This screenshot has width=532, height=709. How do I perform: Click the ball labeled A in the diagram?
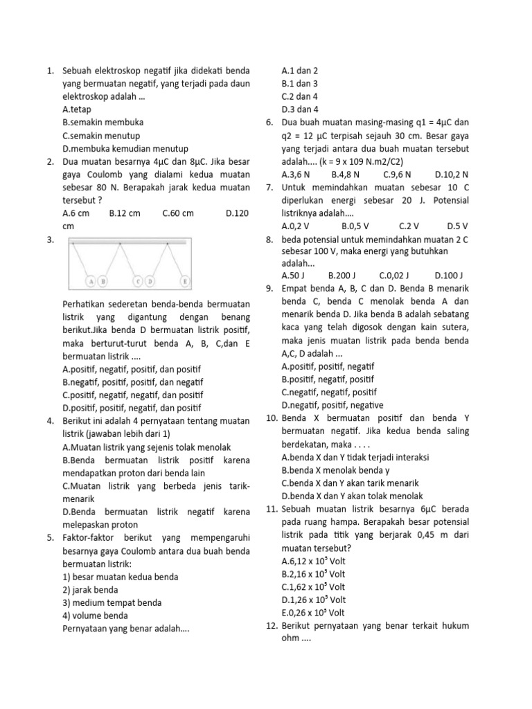coord(91,282)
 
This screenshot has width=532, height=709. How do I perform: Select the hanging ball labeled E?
coord(185,282)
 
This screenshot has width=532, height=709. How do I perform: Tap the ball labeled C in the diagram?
coord(138,282)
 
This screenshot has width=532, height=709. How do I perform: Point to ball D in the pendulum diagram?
coord(149,282)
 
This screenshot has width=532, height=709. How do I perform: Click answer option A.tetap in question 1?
coord(76,109)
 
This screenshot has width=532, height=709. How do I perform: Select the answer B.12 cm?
coord(125,213)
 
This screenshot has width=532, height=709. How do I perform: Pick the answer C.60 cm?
coord(178,213)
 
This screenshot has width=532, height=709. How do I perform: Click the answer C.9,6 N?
coord(397,174)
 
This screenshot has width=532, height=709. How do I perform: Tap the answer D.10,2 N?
coord(452,174)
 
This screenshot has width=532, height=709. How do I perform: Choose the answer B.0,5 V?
coord(355,226)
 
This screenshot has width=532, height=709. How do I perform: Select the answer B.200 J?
coord(342,275)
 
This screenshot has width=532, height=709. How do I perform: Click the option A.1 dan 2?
coord(300,71)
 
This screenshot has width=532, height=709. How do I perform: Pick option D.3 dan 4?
coord(300,109)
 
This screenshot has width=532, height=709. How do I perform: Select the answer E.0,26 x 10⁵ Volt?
coord(313,613)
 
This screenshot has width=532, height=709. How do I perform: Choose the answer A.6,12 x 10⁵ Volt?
coord(313,561)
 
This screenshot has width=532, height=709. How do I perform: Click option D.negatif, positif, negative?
coord(332,405)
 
